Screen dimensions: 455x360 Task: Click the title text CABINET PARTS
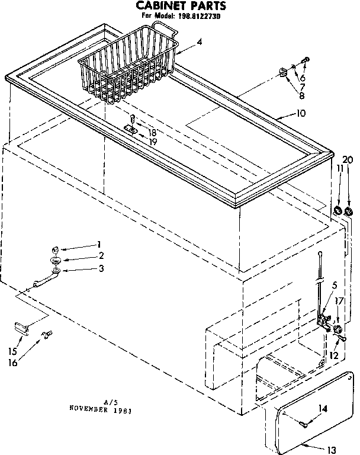pyautogui.click(x=178, y=7)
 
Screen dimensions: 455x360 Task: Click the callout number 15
pyautogui.click(x=12, y=351)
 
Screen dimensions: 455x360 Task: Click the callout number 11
pyautogui.click(x=339, y=169)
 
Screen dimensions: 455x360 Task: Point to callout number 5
pyautogui.click(x=335, y=284)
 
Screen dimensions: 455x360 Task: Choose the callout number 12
pyautogui.click(x=334, y=355)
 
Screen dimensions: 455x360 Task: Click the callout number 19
pyautogui.click(x=153, y=142)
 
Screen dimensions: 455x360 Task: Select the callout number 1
pyautogui.click(x=99, y=244)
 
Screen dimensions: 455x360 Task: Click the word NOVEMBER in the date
pyautogui.click(x=88, y=408)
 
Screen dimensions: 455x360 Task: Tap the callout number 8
pyautogui.click(x=302, y=95)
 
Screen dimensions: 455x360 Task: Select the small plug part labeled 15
pyautogui.click(x=22, y=325)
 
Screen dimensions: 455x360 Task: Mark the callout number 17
pyautogui.click(x=339, y=301)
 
